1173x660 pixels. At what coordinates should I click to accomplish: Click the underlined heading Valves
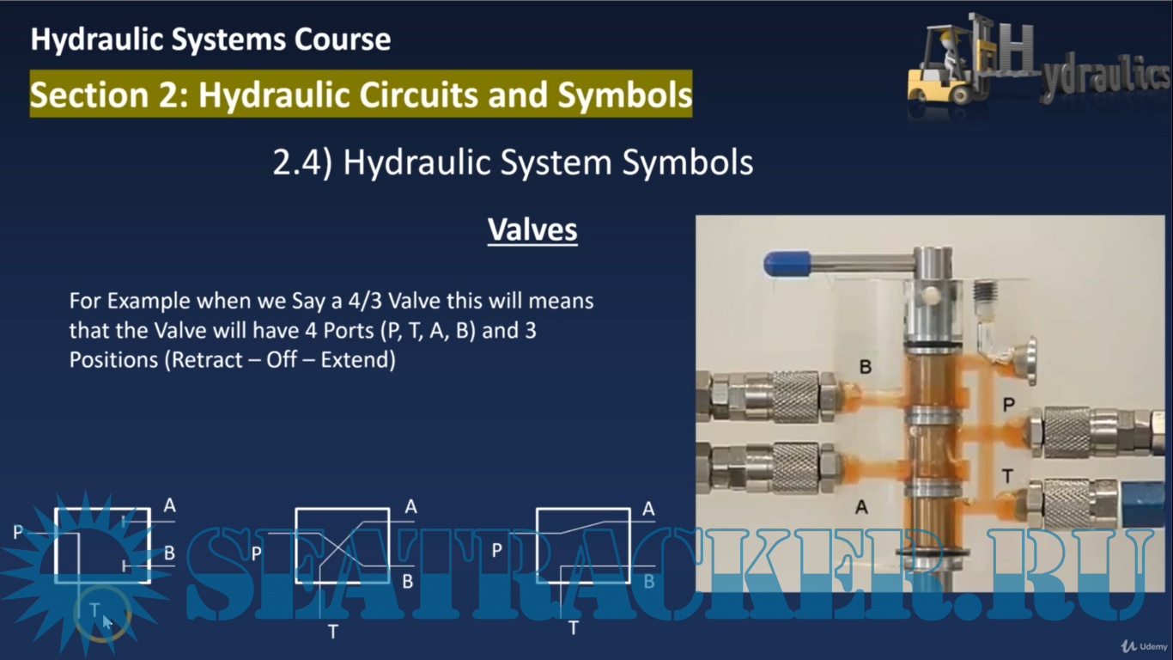coord(532,229)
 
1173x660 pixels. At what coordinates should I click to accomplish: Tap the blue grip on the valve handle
coord(787,263)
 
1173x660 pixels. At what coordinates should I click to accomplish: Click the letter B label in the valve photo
coord(866,367)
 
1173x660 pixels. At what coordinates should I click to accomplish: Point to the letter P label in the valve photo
coord(1009,405)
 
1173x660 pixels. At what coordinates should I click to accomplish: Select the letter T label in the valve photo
coord(1007,476)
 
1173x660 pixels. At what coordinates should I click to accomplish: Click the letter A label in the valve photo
coord(861,507)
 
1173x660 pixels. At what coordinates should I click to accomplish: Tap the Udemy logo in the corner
coord(1145,646)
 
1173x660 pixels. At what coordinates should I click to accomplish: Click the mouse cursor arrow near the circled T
coord(107,622)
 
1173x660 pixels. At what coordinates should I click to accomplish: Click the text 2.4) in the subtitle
coord(302,162)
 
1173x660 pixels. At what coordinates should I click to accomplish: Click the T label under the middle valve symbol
coord(333,632)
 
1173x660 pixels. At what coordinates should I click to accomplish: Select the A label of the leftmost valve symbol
coord(170,505)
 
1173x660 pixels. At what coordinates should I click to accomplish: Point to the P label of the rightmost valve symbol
coord(497,551)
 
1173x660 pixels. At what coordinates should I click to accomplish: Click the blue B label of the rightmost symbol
coord(649,581)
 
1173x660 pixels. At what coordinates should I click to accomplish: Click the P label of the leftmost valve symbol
coord(18,532)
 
